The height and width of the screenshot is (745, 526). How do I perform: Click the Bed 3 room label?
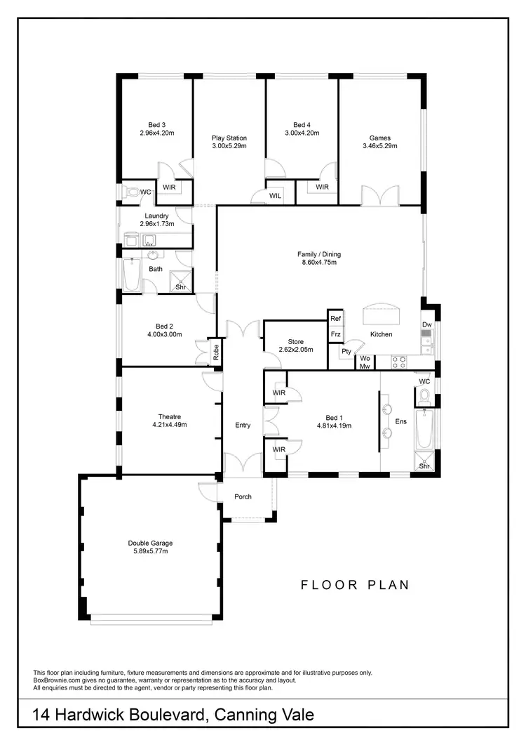(x=156, y=124)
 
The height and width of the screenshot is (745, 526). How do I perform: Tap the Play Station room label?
(x=229, y=138)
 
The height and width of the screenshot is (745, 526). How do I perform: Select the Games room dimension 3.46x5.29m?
(x=380, y=147)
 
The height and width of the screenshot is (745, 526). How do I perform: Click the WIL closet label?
(x=275, y=196)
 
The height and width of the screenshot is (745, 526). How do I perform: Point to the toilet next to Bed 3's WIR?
(x=131, y=191)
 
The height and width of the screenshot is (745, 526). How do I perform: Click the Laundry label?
(x=156, y=216)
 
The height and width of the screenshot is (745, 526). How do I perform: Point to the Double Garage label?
(x=150, y=543)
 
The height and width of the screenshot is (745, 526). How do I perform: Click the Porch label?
(x=243, y=497)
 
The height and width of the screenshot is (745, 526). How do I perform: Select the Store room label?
(x=295, y=340)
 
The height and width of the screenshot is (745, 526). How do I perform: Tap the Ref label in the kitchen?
(x=335, y=319)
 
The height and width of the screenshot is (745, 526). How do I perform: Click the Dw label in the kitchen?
(x=426, y=324)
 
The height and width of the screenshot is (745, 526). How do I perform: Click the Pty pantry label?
(x=346, y=351)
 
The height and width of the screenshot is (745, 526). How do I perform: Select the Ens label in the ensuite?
(x=401, y=421)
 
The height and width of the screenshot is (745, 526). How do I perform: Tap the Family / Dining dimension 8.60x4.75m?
(x=319, y=263)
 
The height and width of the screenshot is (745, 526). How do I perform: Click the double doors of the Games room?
(x=379, y=195)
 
